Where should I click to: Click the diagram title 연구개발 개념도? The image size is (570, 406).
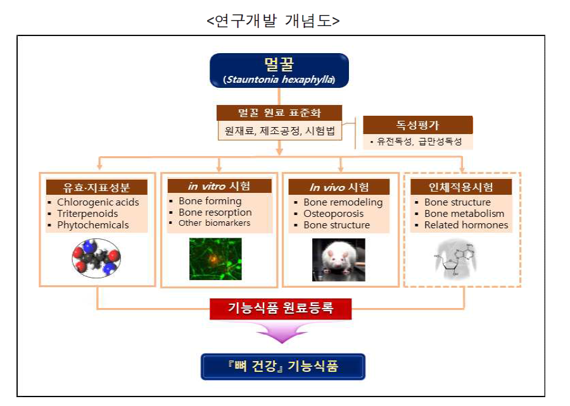(273, 20)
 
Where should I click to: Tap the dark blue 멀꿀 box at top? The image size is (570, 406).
(279, 70)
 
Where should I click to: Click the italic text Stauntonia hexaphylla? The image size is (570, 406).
(279, 80)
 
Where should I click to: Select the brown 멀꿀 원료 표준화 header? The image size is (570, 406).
(279, 113)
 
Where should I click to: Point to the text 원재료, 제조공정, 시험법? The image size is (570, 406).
(279, 132)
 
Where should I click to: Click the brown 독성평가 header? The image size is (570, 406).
(418, 125)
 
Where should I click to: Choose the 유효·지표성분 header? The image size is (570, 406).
(96, 187)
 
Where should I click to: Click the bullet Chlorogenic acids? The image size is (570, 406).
(98, 202)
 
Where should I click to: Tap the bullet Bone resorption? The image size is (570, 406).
(215, 212)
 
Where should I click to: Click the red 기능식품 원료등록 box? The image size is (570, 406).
(280, 309)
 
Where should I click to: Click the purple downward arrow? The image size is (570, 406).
(280, 332)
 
